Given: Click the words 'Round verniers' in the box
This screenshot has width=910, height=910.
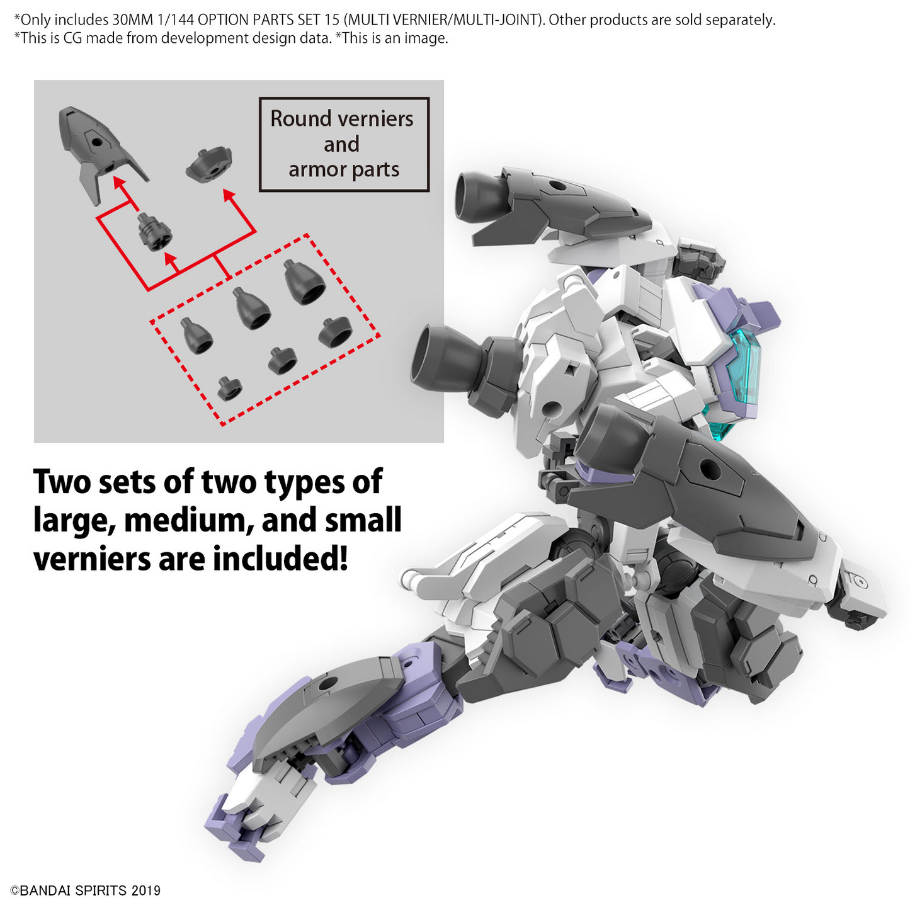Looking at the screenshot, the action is [341, 118].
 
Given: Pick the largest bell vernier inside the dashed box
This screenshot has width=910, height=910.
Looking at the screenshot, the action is [305, 282].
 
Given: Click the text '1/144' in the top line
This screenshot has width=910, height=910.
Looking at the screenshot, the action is [175, 20].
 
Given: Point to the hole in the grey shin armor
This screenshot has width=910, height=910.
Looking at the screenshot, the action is [326, 684].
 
